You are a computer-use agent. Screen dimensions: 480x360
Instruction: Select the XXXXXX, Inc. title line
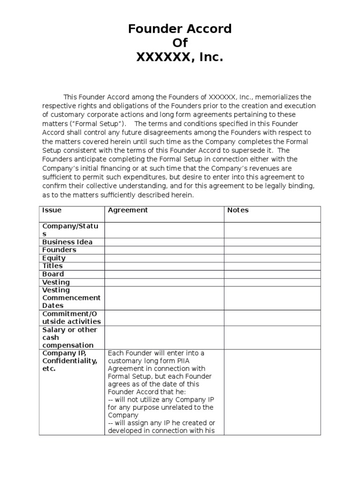(180, 58)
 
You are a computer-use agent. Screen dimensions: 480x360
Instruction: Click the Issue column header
(52, 210)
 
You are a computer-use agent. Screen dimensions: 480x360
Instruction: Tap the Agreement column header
(127, 210)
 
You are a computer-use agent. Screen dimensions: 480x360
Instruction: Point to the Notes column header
(238, 210)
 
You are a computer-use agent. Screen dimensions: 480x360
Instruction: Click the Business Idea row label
(67, 242)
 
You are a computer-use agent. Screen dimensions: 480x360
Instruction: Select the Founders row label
(59, 250)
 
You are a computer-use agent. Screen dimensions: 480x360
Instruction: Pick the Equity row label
(54, 258)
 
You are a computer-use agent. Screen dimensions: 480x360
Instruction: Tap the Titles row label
(52, 266)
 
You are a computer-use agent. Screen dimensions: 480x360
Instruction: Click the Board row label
(53, 274)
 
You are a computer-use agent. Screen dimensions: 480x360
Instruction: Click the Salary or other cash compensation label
(69, 337)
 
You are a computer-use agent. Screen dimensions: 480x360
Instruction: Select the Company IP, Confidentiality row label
(70, 361)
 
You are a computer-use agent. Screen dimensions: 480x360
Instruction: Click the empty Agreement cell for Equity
(164, 258)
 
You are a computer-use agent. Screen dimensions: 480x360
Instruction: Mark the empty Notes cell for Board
(272, 274)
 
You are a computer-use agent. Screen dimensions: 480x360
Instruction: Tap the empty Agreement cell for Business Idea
(164, 242)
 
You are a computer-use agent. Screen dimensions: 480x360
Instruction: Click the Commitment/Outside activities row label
(71, 317)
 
